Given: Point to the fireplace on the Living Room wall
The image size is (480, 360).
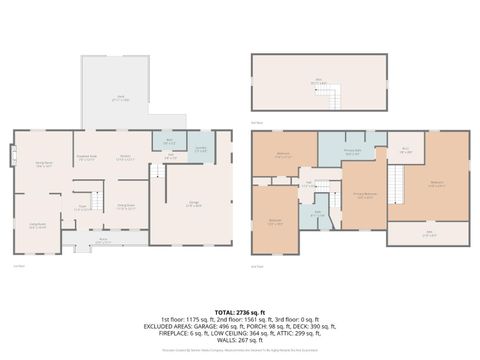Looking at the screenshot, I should click(x=13, y=158).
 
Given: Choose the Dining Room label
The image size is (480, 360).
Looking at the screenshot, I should click(x=126, y=206).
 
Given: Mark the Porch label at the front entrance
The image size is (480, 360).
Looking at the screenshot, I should click(x=103, y=240).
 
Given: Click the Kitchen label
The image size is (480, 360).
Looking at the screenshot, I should click(x=127, y=157).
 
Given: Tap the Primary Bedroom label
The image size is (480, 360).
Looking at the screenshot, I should click(x=363, y=195).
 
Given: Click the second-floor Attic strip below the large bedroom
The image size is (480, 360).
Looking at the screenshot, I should click(x=428, y=234).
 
